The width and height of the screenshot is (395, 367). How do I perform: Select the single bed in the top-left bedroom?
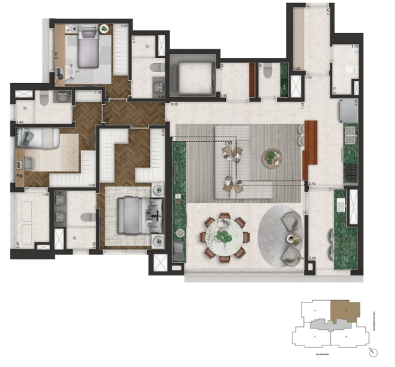[x=87, y=48]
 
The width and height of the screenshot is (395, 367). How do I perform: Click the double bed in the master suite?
[x=132, y=215]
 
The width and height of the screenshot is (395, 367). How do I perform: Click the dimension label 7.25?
[x=303, y=106]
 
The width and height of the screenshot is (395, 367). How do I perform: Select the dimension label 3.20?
[x=124, y=26]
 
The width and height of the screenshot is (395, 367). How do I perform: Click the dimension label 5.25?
[x=163, y=131]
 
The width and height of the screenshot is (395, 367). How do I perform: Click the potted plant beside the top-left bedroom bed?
[x=103, y=28]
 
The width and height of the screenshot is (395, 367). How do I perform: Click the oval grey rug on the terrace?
[x=282, y=235]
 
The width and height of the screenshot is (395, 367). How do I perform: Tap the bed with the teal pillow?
[x=37, y=139]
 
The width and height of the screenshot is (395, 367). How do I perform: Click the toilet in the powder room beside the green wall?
[x=268, y=72]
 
